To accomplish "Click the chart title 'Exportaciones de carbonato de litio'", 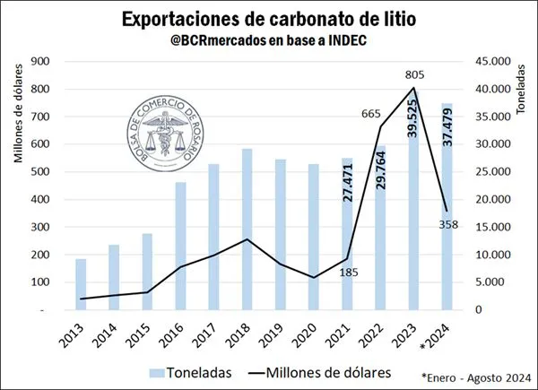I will (x=269, y=18).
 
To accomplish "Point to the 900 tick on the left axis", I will (x=39, y=61).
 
